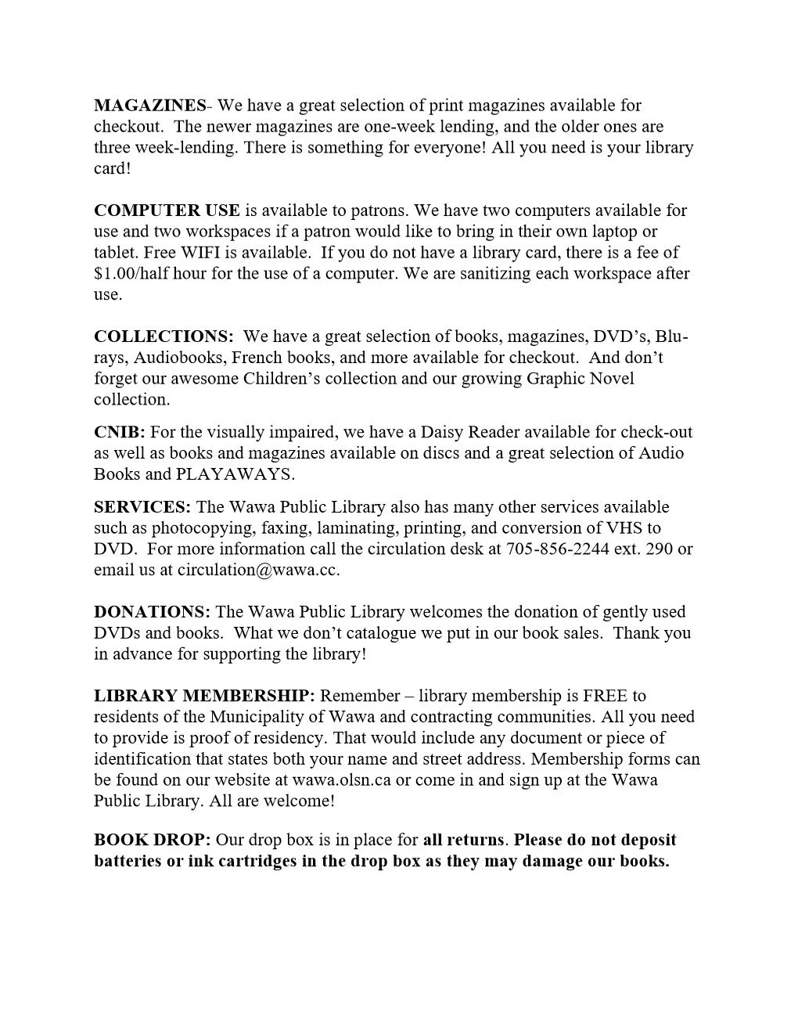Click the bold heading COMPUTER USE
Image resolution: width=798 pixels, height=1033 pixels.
tap(167, 211)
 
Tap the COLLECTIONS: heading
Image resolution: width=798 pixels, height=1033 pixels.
tap(164, 337)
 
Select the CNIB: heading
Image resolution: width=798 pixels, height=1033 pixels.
tap(120, 432)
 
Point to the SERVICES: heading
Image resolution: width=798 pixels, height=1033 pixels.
tap(142, 507)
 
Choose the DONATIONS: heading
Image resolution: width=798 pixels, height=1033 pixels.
tap(152, 612)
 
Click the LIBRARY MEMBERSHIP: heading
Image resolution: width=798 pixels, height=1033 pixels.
tap(204, 696)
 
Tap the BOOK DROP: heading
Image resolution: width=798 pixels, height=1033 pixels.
tap(152, 840)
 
